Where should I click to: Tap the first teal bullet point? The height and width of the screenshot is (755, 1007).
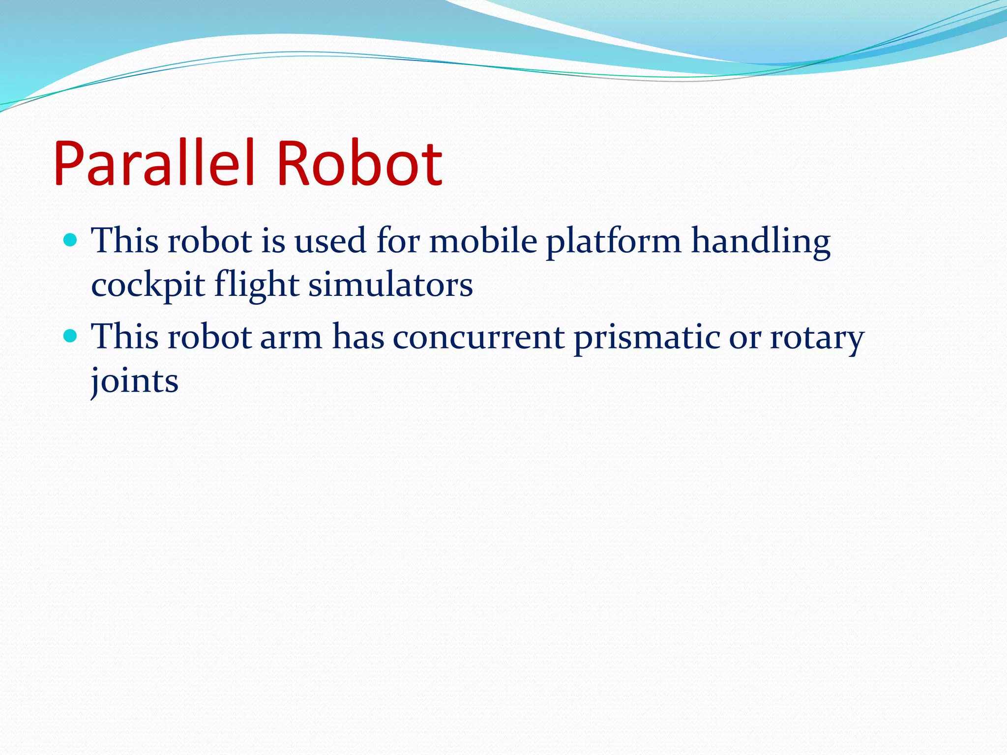(x=71, y=240)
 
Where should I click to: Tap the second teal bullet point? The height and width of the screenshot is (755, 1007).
(x=71, y=336)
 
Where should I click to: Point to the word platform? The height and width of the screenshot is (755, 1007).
(x=614, y=242)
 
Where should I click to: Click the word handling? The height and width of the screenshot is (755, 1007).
(x=761, y=242)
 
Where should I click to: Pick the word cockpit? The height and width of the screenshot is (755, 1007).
(x=148, y=285)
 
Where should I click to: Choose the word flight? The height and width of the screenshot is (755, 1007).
(x=257, y=285)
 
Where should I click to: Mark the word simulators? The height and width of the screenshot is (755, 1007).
(x=390, y=285)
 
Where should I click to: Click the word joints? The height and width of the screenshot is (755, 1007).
(x=135, y=381)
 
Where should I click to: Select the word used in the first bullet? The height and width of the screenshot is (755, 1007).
(x=330, y=241)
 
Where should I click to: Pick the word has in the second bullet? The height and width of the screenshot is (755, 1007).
(x=358, y=337)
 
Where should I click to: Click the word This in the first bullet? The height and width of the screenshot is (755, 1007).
(x=125, y=241)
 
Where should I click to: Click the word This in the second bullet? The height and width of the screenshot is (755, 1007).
(x=125, y=337)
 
